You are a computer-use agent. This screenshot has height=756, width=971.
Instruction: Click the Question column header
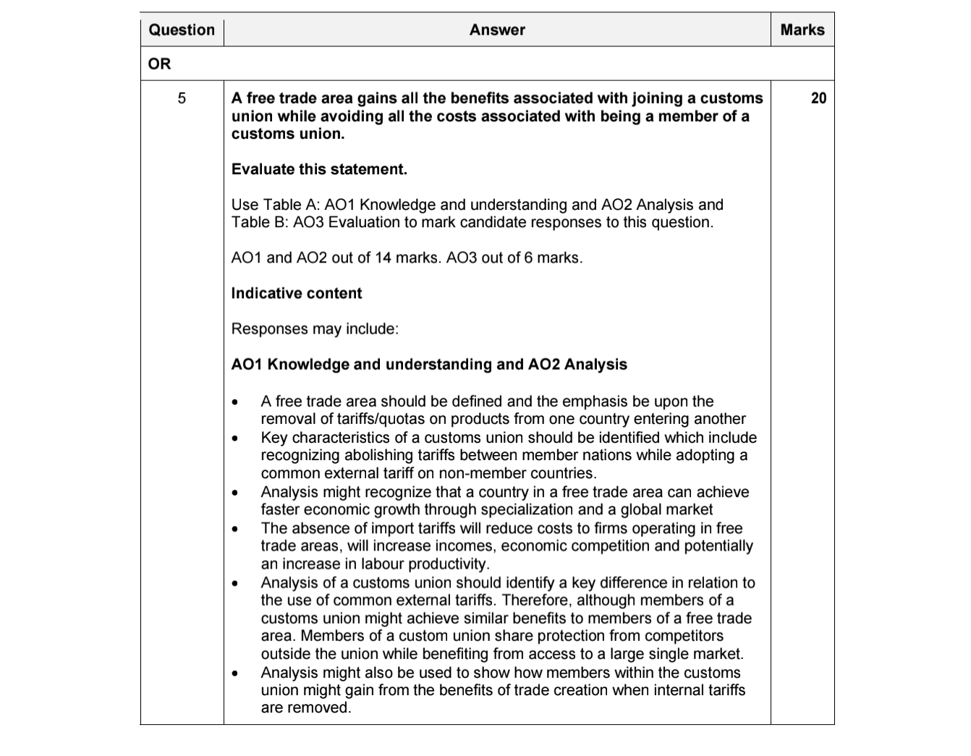[x=182, y=30]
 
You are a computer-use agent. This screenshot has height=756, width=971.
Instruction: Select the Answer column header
[x=497, y=30]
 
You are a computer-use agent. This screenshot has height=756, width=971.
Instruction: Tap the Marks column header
[x=802, y=30]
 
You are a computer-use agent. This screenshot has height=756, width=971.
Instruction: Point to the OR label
[x=159, y=64]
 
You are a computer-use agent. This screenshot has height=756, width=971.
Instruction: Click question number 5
[x=182, y=98]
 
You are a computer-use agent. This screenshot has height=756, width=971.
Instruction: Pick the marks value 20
[x=818, y=98]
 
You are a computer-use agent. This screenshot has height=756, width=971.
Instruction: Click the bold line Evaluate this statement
[x=319, y=169]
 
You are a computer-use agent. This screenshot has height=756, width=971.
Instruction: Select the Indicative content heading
[x=296, y=293]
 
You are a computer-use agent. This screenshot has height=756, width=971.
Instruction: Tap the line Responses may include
[x=315, y=328]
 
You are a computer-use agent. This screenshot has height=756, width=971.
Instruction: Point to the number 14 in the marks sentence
[x=382, y=258]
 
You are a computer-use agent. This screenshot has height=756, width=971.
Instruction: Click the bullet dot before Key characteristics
[x=234, y=438]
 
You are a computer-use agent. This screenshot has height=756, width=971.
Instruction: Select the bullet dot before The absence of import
[x=234, y=529]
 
